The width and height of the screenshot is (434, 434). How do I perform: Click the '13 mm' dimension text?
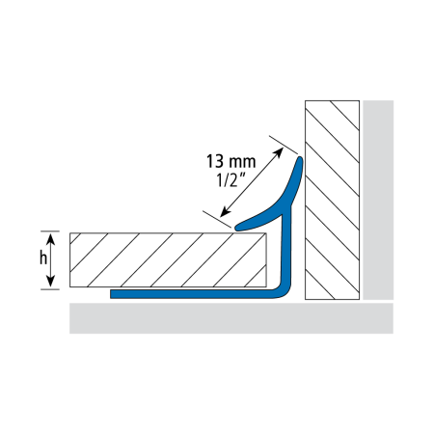click(x=231, y=161)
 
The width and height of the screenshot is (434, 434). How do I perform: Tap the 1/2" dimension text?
click(x=230, y=179)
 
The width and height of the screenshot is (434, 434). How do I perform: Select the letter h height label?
click(x=43, y=258)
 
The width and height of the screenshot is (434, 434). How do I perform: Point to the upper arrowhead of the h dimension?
click(x=51, y=239)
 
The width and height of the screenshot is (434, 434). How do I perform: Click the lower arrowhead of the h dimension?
click(x=51, y=281)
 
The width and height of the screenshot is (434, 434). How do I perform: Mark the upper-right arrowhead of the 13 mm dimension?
click(x=279, y=151)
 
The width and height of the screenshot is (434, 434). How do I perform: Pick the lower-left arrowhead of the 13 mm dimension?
click(x=225, y=212)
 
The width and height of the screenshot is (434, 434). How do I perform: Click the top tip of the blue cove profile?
click(x=301, y=158)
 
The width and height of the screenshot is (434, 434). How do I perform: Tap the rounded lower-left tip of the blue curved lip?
click(x=237, y=228)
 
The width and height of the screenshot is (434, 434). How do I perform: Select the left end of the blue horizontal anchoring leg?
click(x=111, y=294)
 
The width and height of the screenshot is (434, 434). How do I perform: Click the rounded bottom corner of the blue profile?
click(x=285, y=292)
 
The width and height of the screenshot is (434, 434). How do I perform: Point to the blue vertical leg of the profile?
click(x=286, y=249)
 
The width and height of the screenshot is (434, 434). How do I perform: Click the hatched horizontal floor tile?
click(x=168, y=259)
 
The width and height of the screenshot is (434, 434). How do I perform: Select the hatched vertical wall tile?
click(x=332, y=200)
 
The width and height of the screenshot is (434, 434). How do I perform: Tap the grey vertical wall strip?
click(x=378, y=200)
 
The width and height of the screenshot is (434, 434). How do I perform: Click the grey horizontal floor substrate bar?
click(x=231, y=318)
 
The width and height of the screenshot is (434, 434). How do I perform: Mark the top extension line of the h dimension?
click(x=50, y=231)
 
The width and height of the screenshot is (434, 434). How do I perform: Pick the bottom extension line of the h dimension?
click(x=50, y=289)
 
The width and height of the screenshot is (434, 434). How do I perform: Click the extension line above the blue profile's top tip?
click(x=284, y=145)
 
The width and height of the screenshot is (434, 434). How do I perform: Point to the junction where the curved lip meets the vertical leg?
click(x=288, y=207)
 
